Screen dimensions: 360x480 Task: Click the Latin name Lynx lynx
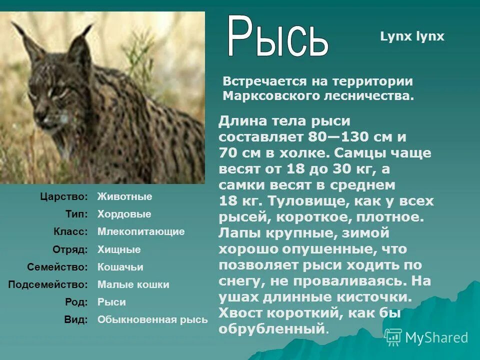[x=412, y=36]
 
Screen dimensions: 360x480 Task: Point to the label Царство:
[x=64, y=197]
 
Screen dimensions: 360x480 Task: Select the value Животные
[x=124, y=197]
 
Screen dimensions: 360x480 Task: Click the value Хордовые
[x=124, y=214]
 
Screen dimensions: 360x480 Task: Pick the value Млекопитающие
[x=141, y=232]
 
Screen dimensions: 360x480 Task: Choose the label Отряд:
[x=70, y=249]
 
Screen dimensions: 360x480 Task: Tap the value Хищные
[x=119, y=249]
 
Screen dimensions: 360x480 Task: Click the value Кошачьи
[x=120, y=267]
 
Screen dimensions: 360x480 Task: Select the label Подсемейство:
[x=48, y=285]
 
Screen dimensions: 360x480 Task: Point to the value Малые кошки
[x=133, y=285]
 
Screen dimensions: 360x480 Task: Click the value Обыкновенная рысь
[x=152, y=320]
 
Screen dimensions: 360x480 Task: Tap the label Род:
[x=76, y=302]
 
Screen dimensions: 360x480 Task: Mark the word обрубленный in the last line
[x=271, y=329]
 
